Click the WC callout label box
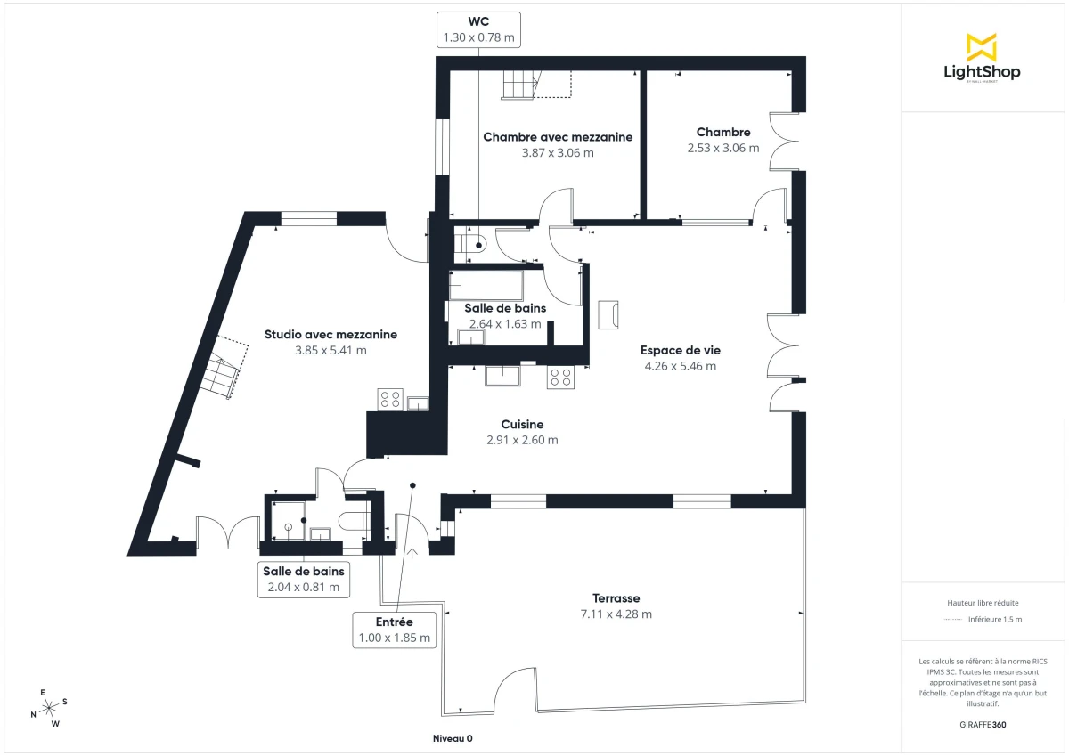click(478, 29)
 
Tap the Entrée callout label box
click(394, 630)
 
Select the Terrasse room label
click(616, 598)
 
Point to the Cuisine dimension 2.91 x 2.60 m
click(522, 440)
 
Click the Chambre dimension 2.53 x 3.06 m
click(723, 148)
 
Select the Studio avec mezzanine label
click(330, 335)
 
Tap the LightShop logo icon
click(982, 46)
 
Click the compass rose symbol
click(50, 707)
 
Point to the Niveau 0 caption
click(453, 739)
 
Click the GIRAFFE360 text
click(983, 724)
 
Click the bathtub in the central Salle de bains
click(486, 286)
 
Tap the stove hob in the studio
click(389, 399)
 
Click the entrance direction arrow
click(412, 555)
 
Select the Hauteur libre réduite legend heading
click(983, 603)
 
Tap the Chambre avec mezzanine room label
click(558, 137)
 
